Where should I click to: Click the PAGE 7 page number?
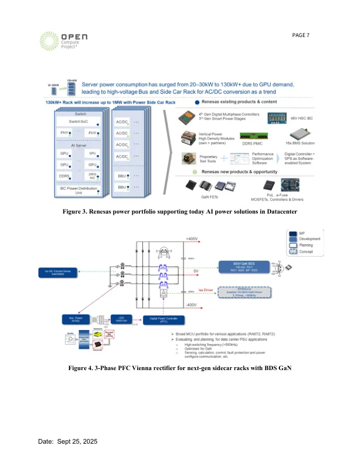point(301,35)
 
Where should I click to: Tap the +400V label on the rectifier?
point(191,239)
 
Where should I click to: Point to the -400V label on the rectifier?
point(191,305)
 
